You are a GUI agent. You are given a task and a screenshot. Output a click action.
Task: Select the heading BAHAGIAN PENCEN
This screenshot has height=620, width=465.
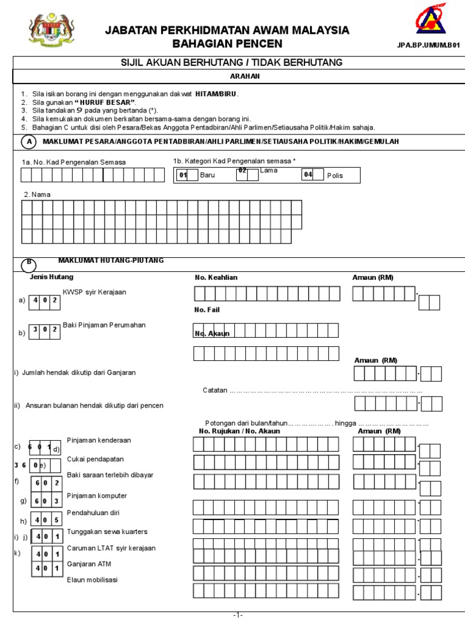point(227,44)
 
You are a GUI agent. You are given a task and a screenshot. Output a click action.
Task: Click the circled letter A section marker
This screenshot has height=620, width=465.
point(28,142)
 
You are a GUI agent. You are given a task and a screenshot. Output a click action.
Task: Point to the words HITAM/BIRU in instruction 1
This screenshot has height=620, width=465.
point(216,94)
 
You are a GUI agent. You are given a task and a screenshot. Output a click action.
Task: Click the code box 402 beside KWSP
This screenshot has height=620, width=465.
point(44,300)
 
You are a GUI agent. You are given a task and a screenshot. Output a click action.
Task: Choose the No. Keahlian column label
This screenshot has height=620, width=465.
point(216,277)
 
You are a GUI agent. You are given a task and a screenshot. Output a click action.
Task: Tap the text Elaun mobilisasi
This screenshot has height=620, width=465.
point(93,579)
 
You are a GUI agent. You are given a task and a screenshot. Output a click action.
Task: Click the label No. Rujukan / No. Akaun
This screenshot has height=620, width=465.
point(239,431)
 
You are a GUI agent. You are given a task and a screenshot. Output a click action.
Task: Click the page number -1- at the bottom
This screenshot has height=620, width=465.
point(238,615)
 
